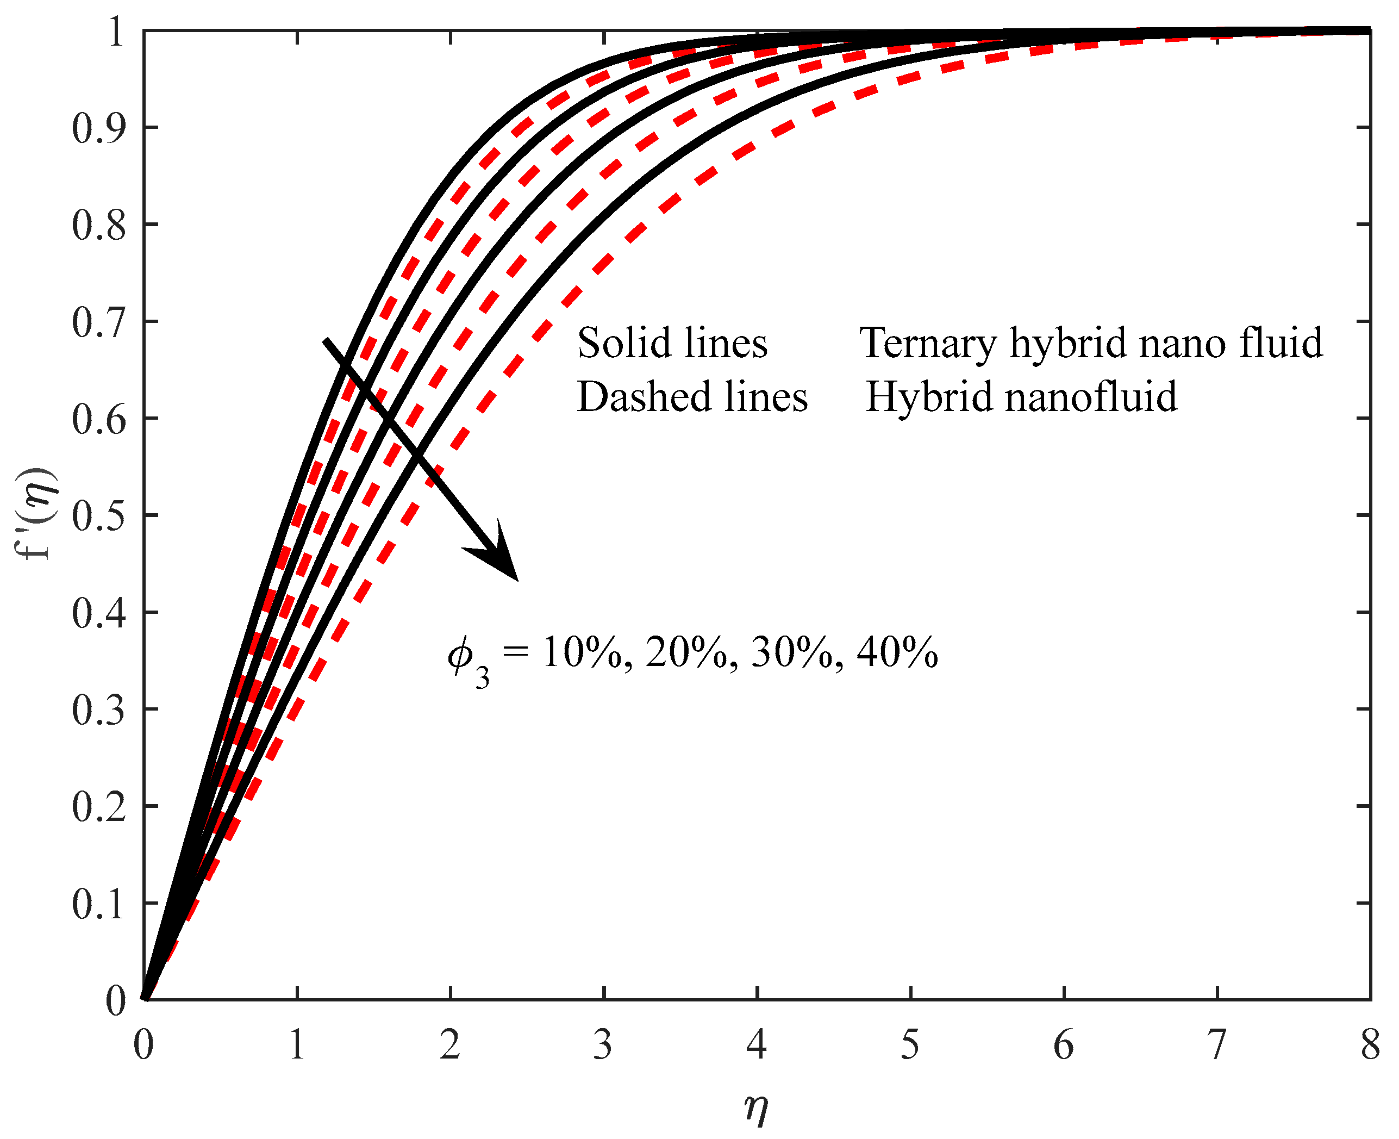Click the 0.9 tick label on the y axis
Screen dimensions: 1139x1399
click(x=98, y=128)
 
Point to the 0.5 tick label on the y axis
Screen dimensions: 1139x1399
click(x=98, y=516)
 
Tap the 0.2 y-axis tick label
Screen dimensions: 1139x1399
click(x=98, y=807)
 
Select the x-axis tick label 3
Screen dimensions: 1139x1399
click(x=603, y=1044)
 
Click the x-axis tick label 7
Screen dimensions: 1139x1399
click(x=1217, y=1044)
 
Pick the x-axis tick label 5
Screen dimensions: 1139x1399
click(x=910, y=1044)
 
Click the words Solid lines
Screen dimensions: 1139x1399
click(x=672, y=343)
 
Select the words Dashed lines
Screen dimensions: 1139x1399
click(x=692, y=397)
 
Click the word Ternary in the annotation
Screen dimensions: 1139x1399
click(x=928, y=343)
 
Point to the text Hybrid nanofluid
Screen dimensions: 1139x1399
click(x=1021, y=397)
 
